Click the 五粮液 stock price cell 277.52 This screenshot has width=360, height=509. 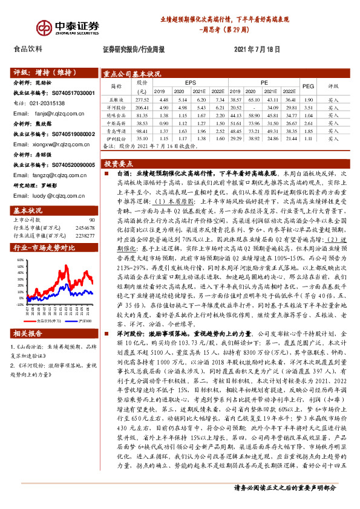142,99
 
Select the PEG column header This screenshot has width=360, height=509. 308,86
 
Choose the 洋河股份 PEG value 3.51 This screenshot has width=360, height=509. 308,106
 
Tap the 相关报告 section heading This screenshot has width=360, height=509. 28,334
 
